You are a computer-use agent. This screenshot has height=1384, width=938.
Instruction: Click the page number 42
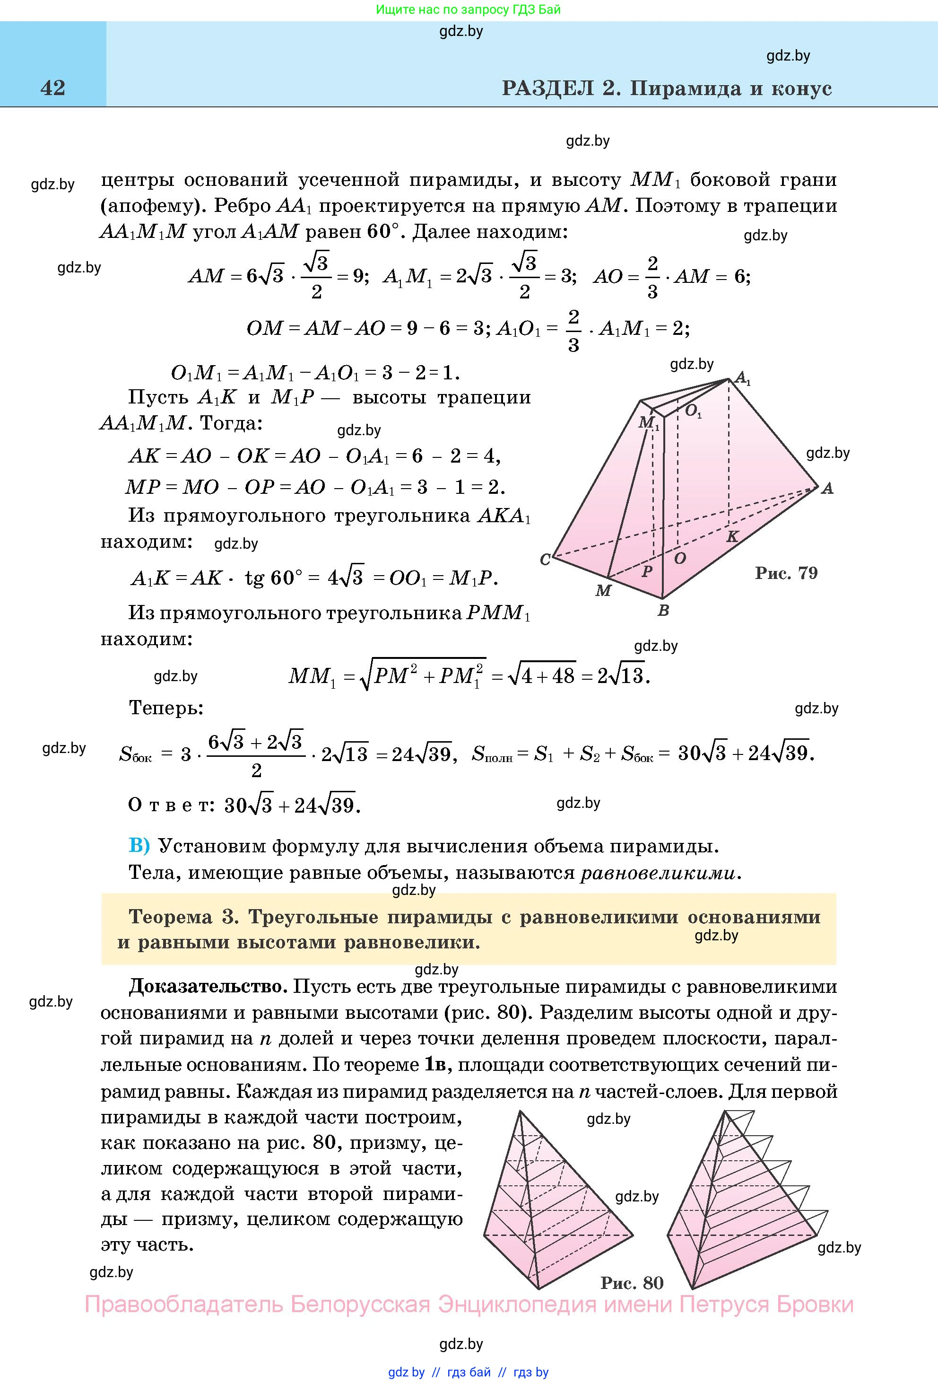coord(52,88)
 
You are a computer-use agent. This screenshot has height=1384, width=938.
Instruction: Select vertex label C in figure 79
coord(545,560)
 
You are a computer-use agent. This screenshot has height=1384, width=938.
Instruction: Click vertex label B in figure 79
coord(663,611)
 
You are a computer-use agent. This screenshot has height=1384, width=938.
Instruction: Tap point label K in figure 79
coord(732,536)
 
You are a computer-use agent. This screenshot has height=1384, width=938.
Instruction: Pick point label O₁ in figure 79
coord(693,411)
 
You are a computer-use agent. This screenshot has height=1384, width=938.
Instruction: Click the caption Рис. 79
coord(786,573)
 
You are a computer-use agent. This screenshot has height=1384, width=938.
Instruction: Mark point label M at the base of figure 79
coord(603,591)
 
